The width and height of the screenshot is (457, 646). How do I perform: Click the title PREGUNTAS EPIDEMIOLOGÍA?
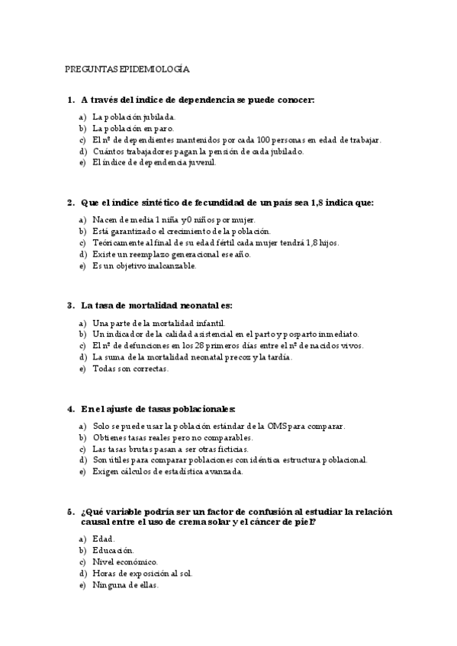click(x=127, y=69)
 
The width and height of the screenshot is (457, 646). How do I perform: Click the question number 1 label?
click(x=70, y=100)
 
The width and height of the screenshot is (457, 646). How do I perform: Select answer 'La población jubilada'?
click(x=134, y=117)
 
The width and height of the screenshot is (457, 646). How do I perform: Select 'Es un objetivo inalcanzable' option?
click(x=144, y=266)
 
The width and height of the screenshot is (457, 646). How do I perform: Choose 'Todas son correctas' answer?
click(x=130, y=369)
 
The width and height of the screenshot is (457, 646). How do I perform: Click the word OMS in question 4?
click(x=275, y=426)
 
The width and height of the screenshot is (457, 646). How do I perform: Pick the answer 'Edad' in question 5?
click(x=103, y=539)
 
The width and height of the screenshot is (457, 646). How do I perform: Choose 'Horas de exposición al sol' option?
click(x=142, y=573)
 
